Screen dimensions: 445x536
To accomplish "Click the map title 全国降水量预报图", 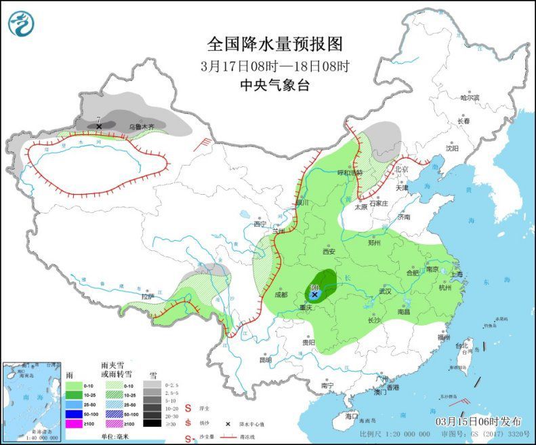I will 274,45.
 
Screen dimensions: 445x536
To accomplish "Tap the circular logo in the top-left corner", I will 21,24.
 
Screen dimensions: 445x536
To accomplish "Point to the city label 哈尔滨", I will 469,98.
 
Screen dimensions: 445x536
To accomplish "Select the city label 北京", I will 403,169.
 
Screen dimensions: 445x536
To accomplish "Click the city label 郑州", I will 375,242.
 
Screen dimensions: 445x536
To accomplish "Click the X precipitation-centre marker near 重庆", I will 314,294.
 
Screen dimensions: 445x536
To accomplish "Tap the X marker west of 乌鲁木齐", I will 99,126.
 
